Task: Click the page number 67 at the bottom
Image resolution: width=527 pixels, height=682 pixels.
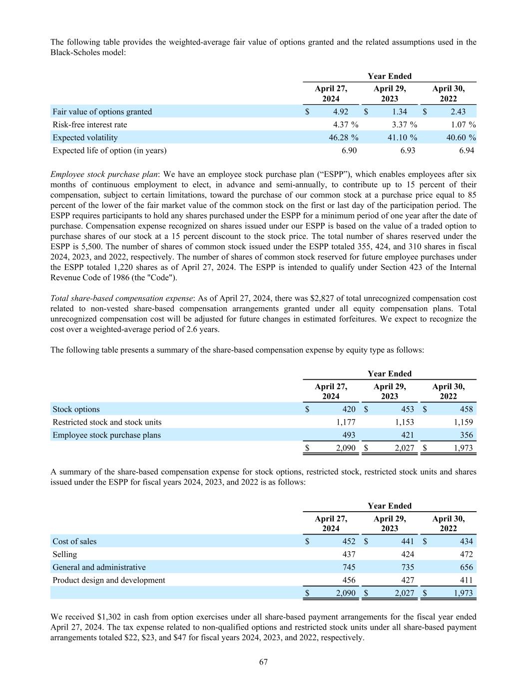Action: pos(263,662)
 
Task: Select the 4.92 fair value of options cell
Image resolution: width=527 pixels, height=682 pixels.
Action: pos(341,112)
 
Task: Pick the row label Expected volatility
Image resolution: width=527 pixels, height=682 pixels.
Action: pos(85,138)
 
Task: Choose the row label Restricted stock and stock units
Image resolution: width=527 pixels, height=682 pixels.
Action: pos(107,422)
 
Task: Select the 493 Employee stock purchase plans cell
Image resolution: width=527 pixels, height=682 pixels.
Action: pos(348,435)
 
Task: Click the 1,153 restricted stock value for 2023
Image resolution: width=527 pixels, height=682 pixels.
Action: pos(404,422)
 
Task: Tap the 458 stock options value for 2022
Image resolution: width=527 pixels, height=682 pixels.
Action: pos(466,409)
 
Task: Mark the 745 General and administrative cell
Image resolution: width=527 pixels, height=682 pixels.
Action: pos(349,567)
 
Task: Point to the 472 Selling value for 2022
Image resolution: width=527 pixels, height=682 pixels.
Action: pos(466,554)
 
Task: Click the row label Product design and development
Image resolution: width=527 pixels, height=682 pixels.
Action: pos(108,580)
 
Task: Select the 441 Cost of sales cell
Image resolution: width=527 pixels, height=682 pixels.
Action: pos(407,541)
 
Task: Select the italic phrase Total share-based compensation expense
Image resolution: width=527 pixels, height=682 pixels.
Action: pos(122,298)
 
